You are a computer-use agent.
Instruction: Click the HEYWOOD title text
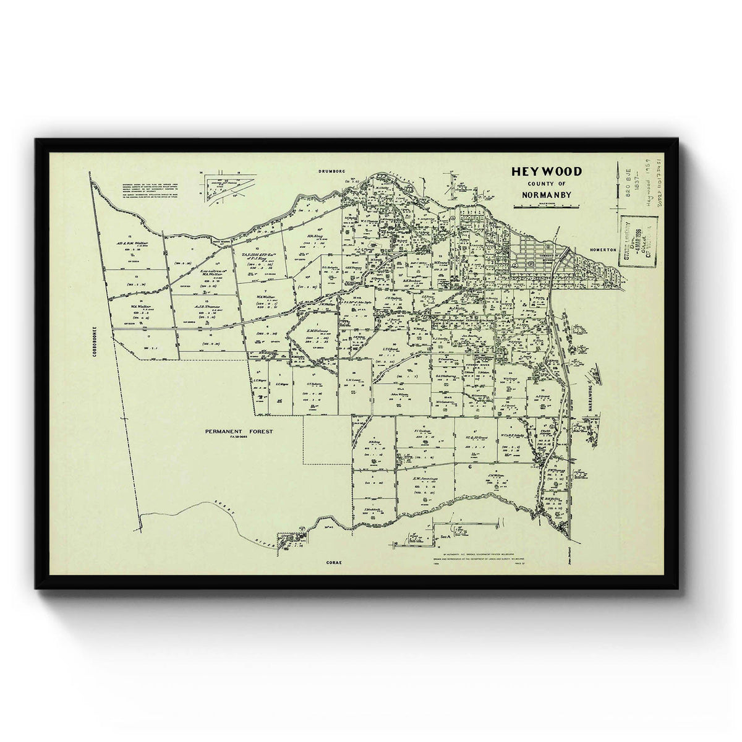(546, 171)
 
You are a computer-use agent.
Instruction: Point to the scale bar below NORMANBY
(545, 206)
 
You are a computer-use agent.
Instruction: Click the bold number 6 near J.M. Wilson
(471, 467)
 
